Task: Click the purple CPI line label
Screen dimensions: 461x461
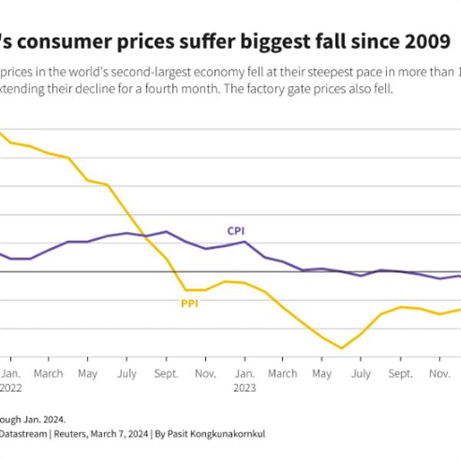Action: (236, 230)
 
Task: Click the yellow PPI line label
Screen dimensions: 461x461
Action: (190, 303)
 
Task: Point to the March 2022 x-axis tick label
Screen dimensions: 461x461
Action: (48, 373)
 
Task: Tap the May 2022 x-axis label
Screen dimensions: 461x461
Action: (88, 373)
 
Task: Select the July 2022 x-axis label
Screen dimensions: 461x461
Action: (128, 373)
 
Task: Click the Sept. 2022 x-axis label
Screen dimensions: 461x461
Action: (166, 373)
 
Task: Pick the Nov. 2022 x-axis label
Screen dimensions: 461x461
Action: (205, 373)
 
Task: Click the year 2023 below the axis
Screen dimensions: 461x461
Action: (244, 388)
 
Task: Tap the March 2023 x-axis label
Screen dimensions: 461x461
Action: (283, 373)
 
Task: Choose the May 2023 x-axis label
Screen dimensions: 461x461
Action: (322, 373)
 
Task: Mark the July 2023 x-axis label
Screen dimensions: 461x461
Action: (361, 373)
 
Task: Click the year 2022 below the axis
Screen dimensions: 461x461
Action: (11, 388)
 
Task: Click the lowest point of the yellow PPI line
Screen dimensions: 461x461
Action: (341, 348)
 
